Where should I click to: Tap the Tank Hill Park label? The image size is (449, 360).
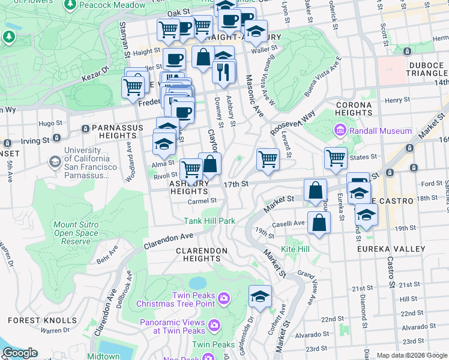(x=209, y=221)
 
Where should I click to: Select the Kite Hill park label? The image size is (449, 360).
(x=295, y=248)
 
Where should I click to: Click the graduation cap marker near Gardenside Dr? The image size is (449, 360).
(x=260, y=296)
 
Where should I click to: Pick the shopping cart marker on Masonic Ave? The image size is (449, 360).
(x=267, y=160)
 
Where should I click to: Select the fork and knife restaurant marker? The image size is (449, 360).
(x=223, y=72)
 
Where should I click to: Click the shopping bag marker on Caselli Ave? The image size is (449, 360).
(x=319, y=223)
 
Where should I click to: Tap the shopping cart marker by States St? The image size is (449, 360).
(x=336, y=158)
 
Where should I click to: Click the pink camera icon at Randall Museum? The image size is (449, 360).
(x=340, y=131)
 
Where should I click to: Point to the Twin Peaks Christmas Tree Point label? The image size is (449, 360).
(x=193, y=299)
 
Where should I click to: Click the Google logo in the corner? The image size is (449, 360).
(x=20, y=353)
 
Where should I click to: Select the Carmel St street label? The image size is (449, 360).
(x=202, y=200)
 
